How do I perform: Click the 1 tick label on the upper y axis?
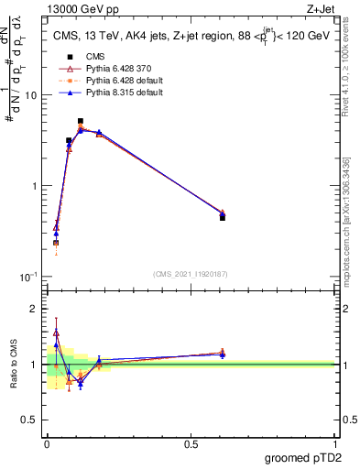click(x=35, y=186)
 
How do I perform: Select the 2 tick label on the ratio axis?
click(x=35, y=310)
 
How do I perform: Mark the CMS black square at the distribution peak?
click(x=81, y=121)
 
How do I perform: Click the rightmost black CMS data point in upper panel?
click(x=223, y=218)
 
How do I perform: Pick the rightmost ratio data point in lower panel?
click(x=223, y=354)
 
